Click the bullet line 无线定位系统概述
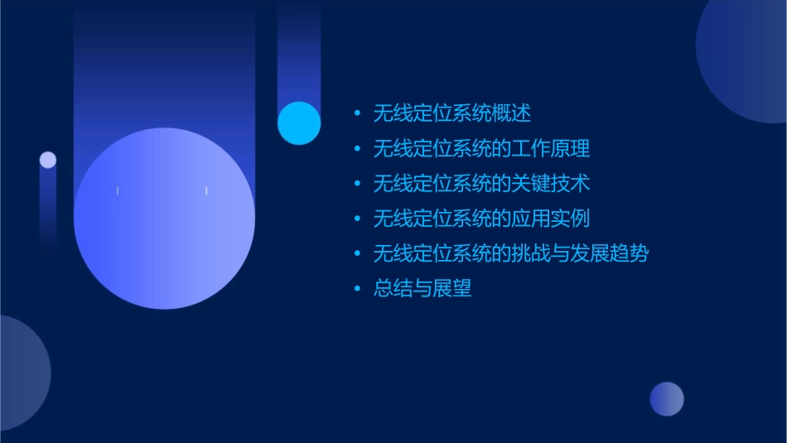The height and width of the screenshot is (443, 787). (451, 113)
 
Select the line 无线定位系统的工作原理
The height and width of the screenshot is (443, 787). (481, 149)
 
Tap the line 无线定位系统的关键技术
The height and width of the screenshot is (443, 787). (481, 184)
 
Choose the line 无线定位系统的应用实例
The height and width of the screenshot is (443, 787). (481, 219)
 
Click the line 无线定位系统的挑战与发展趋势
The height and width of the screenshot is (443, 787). (510, 253)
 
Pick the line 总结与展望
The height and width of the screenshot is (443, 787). (422, 289)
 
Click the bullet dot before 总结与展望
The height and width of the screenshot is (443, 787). (357, 289)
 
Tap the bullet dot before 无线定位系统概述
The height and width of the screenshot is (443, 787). (357, 113)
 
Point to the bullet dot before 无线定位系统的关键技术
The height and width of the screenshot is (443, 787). (357, 184)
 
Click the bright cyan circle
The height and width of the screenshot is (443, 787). (299, 123)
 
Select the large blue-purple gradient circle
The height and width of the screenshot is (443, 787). (164, 219)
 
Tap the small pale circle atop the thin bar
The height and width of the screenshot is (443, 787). (48, 160)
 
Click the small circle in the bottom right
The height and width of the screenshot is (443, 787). (667, 399)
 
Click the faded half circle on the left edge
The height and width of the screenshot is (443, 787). (21, 373)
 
